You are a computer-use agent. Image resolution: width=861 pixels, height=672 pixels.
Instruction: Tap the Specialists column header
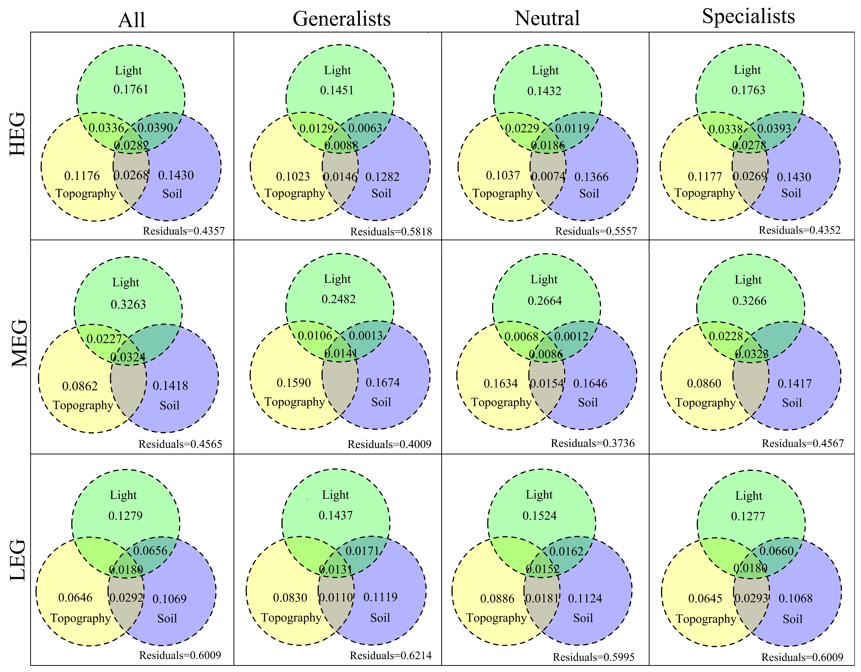click(x=748, y=16)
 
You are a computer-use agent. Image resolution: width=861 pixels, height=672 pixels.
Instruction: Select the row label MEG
click(x=19, y=343)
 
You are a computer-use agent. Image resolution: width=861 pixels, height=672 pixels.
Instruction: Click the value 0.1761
click(x=131, y=90)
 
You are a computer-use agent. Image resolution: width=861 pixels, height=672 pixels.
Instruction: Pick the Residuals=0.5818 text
click(x=391, y=231)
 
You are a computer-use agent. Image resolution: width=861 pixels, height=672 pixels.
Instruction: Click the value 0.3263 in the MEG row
click(x=128, y=304)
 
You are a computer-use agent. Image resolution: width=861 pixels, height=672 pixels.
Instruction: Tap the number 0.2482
click(x=338, y=299)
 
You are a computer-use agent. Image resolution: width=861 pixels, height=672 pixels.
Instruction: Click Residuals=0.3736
click(x=593, y=443)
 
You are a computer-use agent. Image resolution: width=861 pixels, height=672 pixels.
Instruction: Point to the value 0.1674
click(x=382, y=383)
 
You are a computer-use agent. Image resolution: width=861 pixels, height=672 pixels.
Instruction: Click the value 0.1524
click(x=539, y=516)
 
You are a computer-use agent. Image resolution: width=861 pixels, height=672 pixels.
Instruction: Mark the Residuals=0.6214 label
click(x=391, y=656)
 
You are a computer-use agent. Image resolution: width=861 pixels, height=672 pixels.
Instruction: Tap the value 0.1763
click(x=748, y=90)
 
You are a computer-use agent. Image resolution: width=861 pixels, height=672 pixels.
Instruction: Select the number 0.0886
click(x=497, y=599)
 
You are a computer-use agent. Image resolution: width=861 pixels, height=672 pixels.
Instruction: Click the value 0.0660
click(x=776, y=551)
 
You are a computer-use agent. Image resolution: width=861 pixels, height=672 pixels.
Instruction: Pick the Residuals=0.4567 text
click(x=803, y=444)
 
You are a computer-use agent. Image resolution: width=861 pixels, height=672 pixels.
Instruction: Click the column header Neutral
click(x=547, y=18)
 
